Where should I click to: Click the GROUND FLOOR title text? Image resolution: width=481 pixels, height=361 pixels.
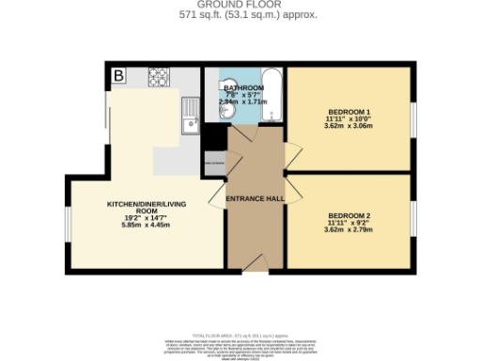(240, 5)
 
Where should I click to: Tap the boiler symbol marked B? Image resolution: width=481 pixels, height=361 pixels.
(119, 75)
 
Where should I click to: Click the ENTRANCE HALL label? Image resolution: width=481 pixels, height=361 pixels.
(256, 198)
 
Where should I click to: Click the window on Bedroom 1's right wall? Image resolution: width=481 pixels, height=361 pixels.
(412, 118)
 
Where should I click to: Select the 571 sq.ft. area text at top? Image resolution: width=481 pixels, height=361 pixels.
(240, 16)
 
